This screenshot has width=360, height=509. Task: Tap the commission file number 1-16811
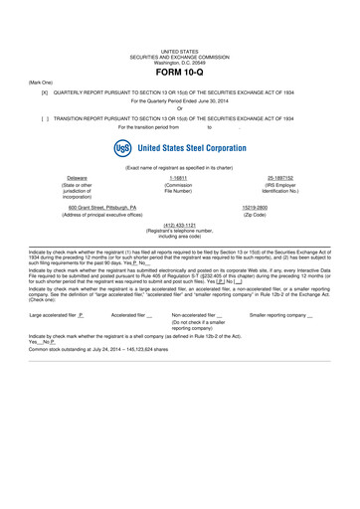pos(180,177)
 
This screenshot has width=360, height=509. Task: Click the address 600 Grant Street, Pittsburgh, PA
pos(103,207)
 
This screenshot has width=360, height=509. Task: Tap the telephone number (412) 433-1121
pos(180,225)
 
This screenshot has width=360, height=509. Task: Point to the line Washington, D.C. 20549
pos(180,62)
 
